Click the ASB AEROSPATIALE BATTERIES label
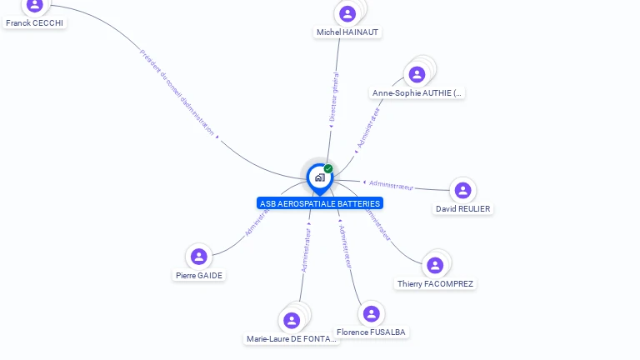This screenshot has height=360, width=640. [x=320, y=203]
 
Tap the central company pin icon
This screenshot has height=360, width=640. [x=319, y=177]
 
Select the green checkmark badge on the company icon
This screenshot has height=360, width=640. [x=328, y=168]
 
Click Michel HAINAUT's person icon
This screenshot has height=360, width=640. [x=347, y=13]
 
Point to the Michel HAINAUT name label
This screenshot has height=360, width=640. [x=347, y=32]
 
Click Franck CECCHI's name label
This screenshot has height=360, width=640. [x=34, y=23]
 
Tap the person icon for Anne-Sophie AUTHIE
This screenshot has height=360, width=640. [x=417, y=75]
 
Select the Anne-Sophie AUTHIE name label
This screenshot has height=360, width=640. [x=417, y=93]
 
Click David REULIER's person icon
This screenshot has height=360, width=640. [x=462, y=191]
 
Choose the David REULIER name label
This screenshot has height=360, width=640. [x=463, y=209]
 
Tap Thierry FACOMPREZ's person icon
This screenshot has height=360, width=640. [x=434, y=266]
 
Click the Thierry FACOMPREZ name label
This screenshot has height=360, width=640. [x=435, y=284]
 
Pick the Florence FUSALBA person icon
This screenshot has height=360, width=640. [x=371, y=314]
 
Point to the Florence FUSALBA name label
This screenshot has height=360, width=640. [x=371, y=332]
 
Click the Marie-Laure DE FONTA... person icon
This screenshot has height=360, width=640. [x=292, y=321]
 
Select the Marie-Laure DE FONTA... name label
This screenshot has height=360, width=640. [x=292, y=339]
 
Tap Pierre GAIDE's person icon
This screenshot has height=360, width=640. [x=198, y=257]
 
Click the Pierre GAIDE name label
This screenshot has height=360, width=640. [x=199, y=275]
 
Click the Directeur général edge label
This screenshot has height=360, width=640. [x=334, y=98]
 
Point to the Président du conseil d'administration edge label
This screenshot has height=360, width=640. [x=177, y=92]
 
